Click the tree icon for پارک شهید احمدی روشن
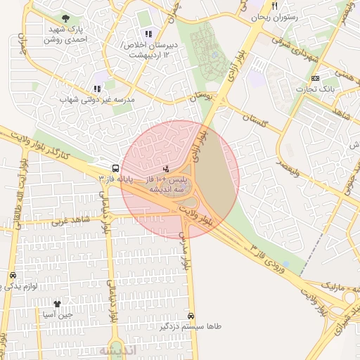point(65,18)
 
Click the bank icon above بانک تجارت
point(315,78)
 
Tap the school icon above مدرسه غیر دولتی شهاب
point(97,89)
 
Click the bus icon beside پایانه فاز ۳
point(115,168)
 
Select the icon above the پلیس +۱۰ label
point(165,169)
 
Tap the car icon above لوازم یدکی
point(13,275)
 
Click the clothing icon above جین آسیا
point(57,304)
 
